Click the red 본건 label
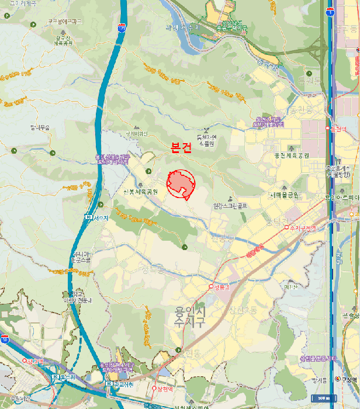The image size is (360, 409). pyautogui.click(x=181, y=148)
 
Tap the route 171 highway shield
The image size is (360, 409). pyautogui.click(x=121, y=27)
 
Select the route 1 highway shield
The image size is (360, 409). pyautogui.click(x=330, y=12)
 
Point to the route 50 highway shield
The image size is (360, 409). pyautogui.click(x=5, y=339)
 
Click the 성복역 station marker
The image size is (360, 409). pyautogui.click(x=211, y=287)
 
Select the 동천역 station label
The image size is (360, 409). pyautogui.click(x=339, y=129)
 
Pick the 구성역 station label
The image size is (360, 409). pyautogui.click(x=349, y=379)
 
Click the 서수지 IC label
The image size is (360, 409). pyautogui.click(x=100, y=217)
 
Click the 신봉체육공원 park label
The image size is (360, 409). pyautogui.click(x=140, y=192)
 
